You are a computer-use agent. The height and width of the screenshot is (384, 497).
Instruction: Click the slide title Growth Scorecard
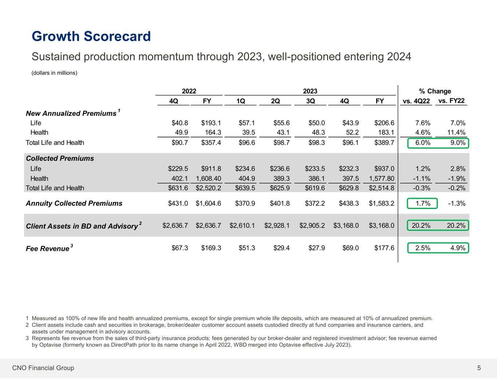pyautogui.click(x=91, y=36)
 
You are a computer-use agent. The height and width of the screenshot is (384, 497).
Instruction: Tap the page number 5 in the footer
pyautogui.click(x=479, y=368)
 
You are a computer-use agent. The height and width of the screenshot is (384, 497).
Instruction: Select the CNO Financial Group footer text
pyautogui.click(x=43, y=368)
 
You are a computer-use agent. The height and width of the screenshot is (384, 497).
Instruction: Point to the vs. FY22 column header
pyautogui.click(x=451, y=101)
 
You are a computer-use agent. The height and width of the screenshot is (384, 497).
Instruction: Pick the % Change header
pyautogui.click(x=435, y=91)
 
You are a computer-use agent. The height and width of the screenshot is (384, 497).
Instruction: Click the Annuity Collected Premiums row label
pyautogui.click(x=74, y=203)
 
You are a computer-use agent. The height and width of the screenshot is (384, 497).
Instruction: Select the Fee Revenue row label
pyautogui.click(x=47, y=249)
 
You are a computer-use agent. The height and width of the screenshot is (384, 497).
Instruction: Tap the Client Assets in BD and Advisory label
pyautogui.click(x=82, y=226)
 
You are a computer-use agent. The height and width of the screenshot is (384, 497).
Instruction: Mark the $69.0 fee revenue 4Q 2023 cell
pyautogui.click(x=350, y=248)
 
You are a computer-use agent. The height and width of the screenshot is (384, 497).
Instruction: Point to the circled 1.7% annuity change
pyautogui.click(x=423, y=203)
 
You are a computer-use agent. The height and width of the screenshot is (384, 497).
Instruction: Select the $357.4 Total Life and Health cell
pyautogui.click(x=211, y=143)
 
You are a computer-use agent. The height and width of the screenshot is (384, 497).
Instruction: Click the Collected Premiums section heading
pyautogui.click(x=60, y=158)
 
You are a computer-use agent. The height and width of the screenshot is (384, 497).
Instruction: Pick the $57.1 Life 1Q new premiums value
pyautogui.click(x=246, y=123)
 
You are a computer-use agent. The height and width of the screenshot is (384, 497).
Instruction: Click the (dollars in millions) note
pyautogui.click(x=54, y=73)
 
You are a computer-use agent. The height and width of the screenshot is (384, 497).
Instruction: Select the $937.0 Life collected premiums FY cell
pyautogui.click(x=384, y=169)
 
